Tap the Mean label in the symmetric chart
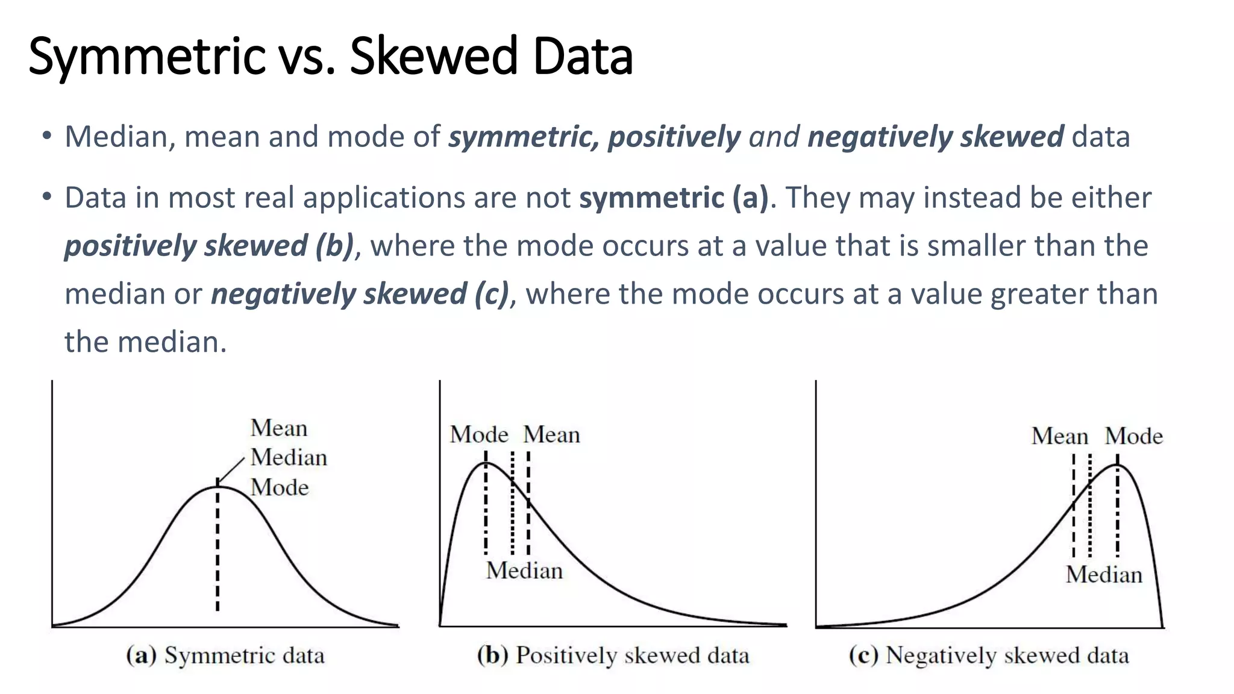click(x=279, y=428)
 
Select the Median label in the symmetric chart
click(x=289, y=458)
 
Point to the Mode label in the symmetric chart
click(x=280, y=487)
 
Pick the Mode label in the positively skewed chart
click(x=479, y=434)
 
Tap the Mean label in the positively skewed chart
click(x=551, y=434)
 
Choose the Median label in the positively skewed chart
click(x=524, y=571)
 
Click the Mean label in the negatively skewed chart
click(x=1060, y=436)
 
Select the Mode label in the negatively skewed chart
click(x=1133, y=436)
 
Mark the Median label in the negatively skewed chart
click(x=1104, y=575)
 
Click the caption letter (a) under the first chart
click(x=141, y=655)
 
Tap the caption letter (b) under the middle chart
click(x=492, y=655)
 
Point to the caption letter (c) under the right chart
click(x=863, y=655)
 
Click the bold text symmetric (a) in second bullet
click(x=674, y=198)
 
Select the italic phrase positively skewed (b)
click(x=209, y=246)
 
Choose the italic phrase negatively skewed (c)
click(x=360, y=294)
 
